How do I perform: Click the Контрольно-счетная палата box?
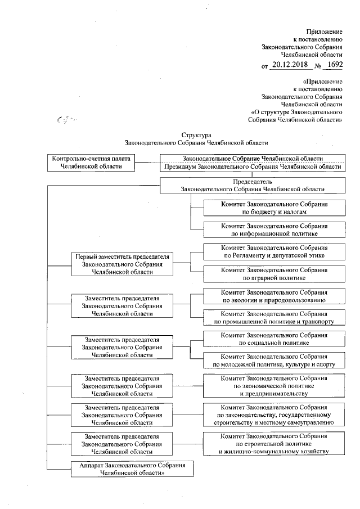[x=92, y=163]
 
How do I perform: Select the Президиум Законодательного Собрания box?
[x=251, y=167]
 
